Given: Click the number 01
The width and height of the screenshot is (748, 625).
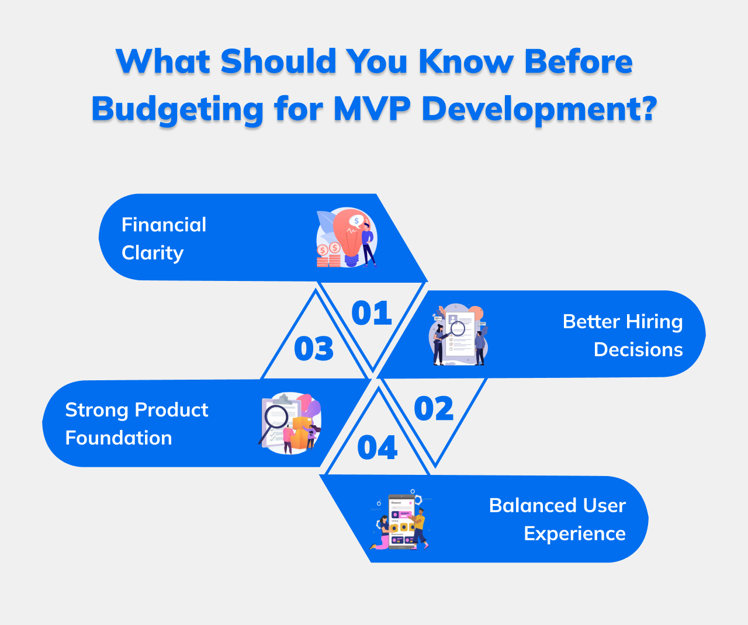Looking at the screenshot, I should pyautogui.click(x=372, y=314).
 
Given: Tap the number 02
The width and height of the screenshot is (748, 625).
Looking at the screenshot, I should pyautogui.click(x=434, y=409).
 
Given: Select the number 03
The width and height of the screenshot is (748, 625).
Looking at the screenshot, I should pyautogui.click(x=314, y=349).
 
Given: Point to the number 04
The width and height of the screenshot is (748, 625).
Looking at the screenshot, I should pyautogui.click(x=378, y=448).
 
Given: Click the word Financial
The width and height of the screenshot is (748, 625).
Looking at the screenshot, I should pyautogui.click(x=164, y=225).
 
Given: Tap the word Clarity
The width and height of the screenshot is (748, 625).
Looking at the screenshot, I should pyautogui.click(x=153, y=253).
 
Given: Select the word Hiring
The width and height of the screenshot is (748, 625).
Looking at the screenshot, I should pyautogui.click(x=654, y=322).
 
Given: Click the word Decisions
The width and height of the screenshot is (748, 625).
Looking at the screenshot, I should pyautogui.click(x=638, y=349).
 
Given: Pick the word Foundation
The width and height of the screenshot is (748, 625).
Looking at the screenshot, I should pyautogui.click(x=119, y=438).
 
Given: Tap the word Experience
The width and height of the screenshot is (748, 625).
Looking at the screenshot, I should pyautogui.click(x=574, y=533).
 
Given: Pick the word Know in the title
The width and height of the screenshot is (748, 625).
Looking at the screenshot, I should pyautogui.click(x=466, y=61).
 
